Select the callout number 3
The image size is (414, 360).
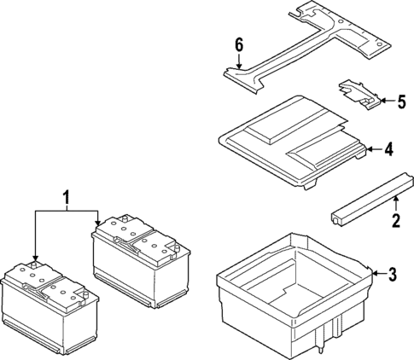tap(393, 274)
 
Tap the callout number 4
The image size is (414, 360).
tap(388, 149)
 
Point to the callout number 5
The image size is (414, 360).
tap(400, 102)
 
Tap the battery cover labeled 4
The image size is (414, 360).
tap(290, 141)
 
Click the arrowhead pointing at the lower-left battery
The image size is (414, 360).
tap(35, 258)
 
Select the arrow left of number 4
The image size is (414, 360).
tap(371, 149)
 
